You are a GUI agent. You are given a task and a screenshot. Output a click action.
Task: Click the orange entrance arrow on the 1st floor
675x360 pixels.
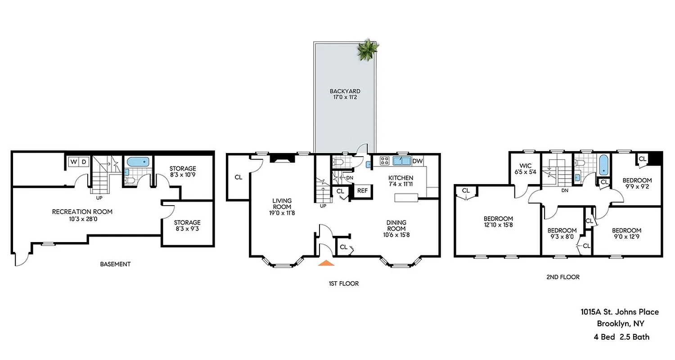[326, 263]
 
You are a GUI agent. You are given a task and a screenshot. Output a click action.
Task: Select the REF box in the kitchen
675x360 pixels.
[362, 191]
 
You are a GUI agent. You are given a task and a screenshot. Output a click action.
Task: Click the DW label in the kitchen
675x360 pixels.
[417, 161]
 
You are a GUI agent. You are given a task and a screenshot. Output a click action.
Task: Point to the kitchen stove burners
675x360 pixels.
[385, 161]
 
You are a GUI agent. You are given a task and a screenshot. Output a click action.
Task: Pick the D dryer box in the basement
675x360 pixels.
[84, 162]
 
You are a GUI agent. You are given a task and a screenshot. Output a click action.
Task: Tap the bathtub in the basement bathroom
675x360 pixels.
[137, 162]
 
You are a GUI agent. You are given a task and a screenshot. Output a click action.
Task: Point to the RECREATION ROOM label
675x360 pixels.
[82, 211]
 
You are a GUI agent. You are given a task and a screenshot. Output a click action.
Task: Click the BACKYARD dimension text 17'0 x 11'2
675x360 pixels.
[345, 97]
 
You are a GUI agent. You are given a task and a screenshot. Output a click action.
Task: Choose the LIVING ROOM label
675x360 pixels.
[282, 204]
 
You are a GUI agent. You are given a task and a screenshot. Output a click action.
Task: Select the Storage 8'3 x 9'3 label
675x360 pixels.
[187, 226]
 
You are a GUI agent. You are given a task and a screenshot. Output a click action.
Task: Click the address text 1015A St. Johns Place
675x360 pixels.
[619, 312]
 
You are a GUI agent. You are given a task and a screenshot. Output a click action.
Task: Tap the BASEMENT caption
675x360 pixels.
[115, 264]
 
